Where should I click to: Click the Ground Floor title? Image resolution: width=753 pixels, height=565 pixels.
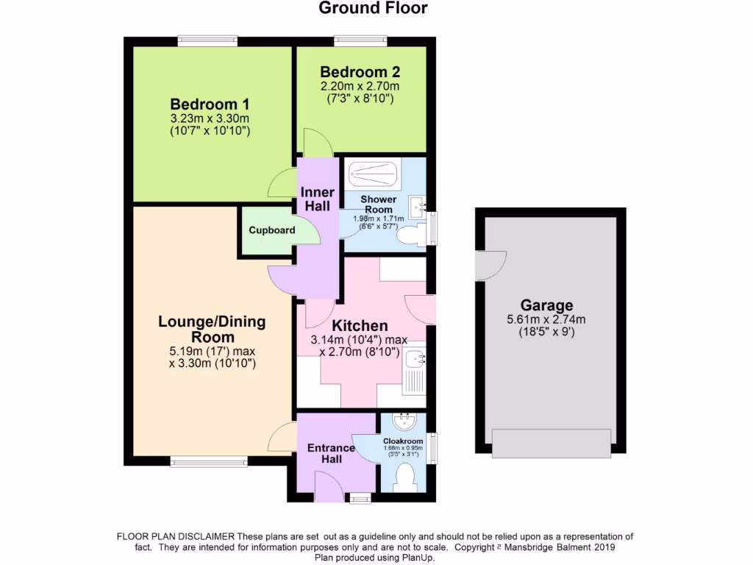[373, 8]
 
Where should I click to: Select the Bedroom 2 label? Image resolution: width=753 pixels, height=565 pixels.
[360, 72]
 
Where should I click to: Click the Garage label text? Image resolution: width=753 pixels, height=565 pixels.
[546, 305]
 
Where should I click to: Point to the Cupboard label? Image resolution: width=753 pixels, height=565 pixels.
[271, 230]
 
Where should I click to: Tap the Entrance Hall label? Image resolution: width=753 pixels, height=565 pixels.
[324, 453]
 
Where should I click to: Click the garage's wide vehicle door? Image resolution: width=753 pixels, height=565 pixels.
[551, 443]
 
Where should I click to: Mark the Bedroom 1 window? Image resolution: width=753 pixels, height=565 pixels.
[207, 41]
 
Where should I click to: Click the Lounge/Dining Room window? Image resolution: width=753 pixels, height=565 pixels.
[209, 461]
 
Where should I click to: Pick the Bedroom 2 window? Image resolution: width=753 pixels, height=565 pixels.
[360, 41]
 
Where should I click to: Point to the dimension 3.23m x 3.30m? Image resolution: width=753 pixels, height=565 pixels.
[210, 118]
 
